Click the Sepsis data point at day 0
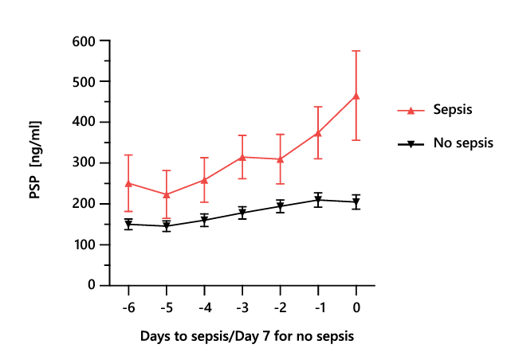356,96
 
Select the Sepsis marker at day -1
318,133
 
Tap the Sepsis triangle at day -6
128,183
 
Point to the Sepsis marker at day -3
242,157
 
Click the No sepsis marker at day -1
318,200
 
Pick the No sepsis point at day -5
167,226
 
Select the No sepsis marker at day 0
356,202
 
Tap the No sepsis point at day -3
242,213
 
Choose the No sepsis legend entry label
463,143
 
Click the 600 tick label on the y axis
83,41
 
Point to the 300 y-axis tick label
83,162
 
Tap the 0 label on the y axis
92,285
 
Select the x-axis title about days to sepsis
246,337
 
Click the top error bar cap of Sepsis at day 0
356,51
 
